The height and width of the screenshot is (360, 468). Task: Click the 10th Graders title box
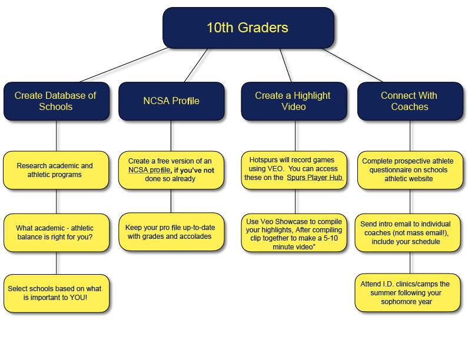tap(247, 28)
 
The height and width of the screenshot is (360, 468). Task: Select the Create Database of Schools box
tap(55, 101)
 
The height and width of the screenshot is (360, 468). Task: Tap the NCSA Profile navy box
tap(171, 101)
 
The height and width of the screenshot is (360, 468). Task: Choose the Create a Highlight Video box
tap(293, 101)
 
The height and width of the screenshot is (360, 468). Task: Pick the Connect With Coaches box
tap(409, 101)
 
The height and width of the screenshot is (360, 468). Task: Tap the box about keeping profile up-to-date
tap(171, 232)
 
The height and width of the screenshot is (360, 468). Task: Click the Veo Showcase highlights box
tap(293, 234)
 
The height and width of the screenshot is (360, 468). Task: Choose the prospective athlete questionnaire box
tap(409, 170)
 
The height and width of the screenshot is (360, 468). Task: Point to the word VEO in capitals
tap(274, 169)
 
